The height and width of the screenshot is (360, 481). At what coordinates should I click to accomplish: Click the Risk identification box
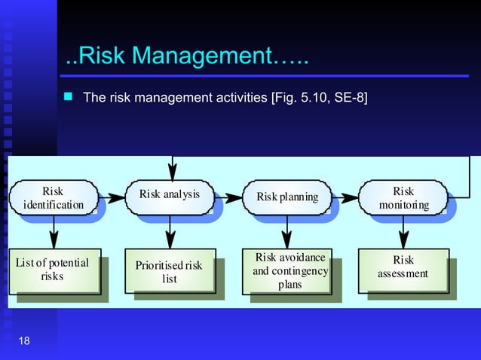53,197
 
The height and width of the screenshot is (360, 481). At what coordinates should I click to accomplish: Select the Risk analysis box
170,197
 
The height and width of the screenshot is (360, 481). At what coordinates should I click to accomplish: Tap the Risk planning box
287,197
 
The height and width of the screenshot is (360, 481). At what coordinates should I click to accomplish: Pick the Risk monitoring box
404,197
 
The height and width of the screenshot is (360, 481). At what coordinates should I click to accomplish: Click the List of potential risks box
53,271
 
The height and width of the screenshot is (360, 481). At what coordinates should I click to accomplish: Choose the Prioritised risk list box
170,271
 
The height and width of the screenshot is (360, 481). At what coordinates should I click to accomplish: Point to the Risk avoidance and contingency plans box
290,271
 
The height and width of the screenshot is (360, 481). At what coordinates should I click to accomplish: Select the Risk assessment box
403,271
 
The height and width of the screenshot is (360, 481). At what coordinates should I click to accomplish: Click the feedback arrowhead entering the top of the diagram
173,171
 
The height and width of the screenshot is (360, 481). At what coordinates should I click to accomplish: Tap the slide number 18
24,343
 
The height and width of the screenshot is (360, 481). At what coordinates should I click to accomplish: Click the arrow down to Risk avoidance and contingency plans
287,233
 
